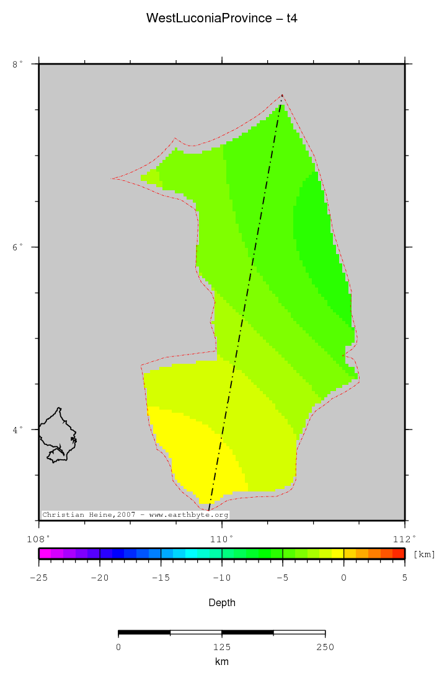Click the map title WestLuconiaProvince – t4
[x=222, y=18]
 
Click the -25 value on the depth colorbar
[x=39, y=577]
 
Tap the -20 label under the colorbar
[x=99, y=577]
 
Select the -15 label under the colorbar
[x=161, y=577]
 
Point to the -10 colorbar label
[x=221, y=577]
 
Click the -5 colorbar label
[x=282, y=577]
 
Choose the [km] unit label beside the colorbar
[x=424, y=554]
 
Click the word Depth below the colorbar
[x=222, y=602]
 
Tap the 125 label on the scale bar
[x=222, y=647]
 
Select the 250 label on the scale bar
[x=325, y=647]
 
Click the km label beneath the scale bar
[x=222, y=662]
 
